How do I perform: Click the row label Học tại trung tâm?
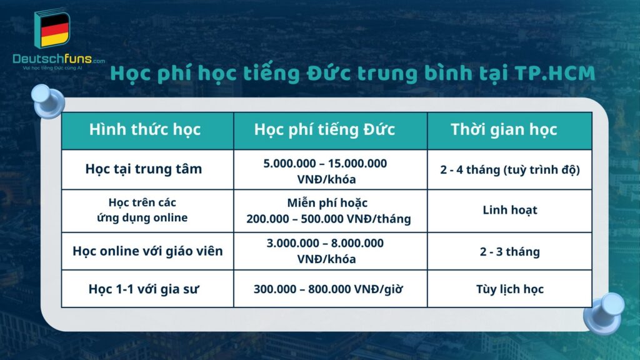click(144, 169)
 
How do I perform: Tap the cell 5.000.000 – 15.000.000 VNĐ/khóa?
click(325, 169)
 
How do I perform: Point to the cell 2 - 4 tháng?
click(509, 169)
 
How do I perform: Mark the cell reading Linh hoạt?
click(509, 210)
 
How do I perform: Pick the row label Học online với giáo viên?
click(147, 251)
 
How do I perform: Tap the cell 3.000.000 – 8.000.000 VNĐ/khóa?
click(325, 251)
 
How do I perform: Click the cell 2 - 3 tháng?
click(509, 252)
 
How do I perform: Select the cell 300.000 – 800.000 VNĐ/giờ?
click(328, 289)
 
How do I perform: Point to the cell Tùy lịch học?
click(509, 289)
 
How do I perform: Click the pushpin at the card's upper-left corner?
click(49, 102)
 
